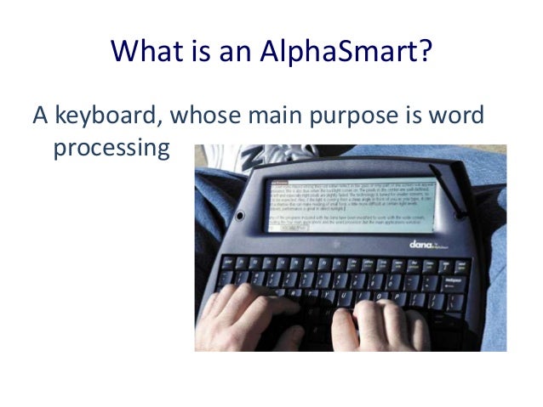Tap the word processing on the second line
point(111,150)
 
